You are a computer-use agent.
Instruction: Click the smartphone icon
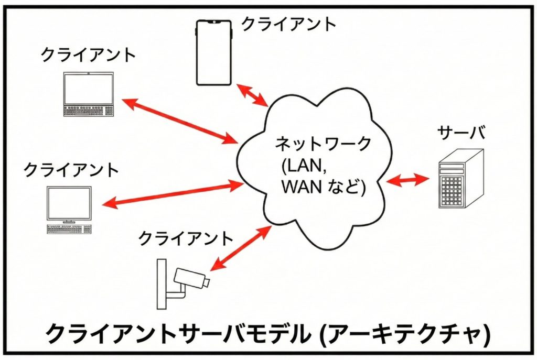tap(214, 52)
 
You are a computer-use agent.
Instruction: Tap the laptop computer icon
tap(88, 94)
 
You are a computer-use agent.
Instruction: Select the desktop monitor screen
tap(69, 203)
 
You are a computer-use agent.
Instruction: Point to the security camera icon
tap(184, 283)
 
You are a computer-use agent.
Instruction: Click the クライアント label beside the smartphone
tap(288, 24)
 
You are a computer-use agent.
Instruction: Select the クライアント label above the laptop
tap(88, 55)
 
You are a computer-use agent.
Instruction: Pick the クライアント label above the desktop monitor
tap(71, 170)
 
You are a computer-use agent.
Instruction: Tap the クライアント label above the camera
tap(185, 238)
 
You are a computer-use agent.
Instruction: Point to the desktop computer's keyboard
tap(69, 229)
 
